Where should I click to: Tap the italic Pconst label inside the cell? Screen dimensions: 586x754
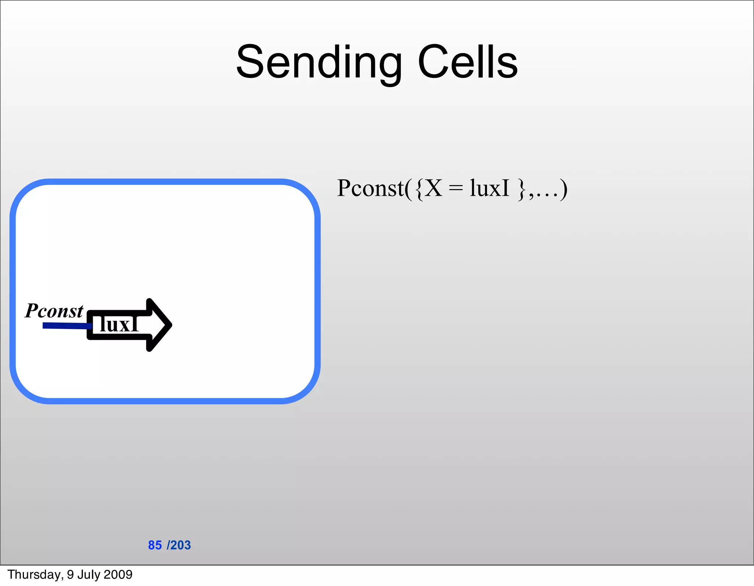click(x=54, y=310)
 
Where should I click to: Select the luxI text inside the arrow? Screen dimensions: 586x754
click(x=119, y=324)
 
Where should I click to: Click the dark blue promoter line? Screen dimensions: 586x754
click(x=66, y=326)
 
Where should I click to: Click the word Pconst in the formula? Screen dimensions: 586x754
click(x=370, y=188)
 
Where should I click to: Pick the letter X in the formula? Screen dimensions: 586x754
click(x=434, y=188)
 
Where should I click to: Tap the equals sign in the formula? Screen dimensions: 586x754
click(x=456, y=189)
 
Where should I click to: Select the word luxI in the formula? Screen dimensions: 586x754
click(x=489, y=188)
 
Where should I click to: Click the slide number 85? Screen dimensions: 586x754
click(x=155, y=545)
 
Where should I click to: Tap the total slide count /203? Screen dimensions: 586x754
click(x=179, y=545)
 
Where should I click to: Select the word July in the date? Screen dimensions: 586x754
click(x=87, y=575)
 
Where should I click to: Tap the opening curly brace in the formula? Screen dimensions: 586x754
click(x=419, y=189)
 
